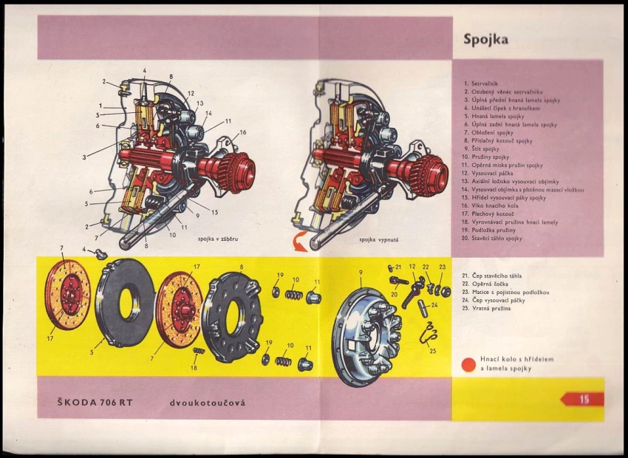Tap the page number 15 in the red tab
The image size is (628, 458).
(x=584, y=400)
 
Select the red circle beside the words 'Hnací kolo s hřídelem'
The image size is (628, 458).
(x=467, y=363)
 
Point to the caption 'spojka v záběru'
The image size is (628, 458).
(x=218, y=239)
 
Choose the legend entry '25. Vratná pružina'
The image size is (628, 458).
(x=491, y=308)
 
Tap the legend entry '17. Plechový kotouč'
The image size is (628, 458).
(x=496, y=214)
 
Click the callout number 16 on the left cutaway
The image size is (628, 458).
(x=242, y=133)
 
